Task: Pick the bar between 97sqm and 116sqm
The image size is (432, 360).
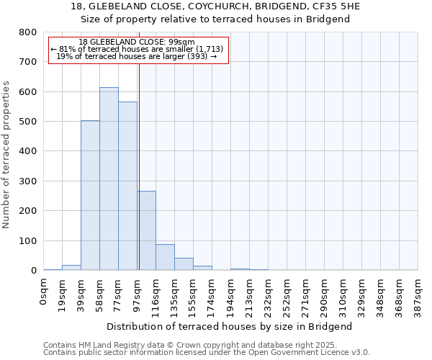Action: (147, 230)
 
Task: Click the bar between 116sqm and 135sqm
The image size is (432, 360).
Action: (165, 257)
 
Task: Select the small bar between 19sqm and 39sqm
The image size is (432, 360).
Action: (71, 267)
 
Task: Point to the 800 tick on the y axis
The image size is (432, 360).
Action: (27, 32)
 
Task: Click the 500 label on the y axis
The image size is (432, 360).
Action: (27, 122)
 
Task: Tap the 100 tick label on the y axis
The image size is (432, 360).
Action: (27, 240)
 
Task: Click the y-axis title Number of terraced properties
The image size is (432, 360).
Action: (6, 155)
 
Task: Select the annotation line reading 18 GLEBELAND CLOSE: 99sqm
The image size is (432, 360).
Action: (137, 42)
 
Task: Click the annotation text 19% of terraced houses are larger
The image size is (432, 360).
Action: (137, 56)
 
